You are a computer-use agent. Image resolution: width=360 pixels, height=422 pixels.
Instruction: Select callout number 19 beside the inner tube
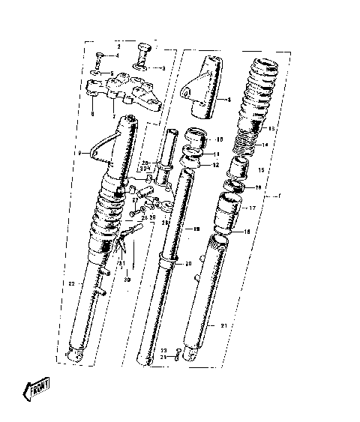[x=196, y=228]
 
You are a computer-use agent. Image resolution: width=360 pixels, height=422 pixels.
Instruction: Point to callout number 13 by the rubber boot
[x=271, y=128]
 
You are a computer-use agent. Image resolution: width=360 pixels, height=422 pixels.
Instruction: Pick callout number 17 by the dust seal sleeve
[x=253, y=208]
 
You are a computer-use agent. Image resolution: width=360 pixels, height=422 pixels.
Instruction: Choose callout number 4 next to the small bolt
[x=116, y=56]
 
